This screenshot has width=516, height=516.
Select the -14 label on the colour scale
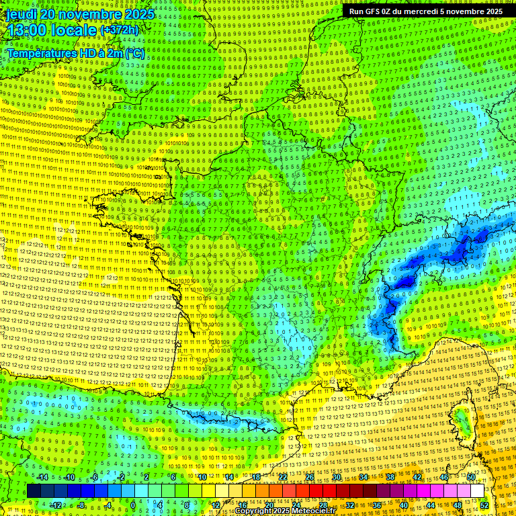point(42,477)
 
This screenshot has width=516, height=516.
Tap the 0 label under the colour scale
point(133,505)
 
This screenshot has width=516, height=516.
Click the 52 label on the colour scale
point(484,505)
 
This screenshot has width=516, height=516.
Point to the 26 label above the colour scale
point(310,477)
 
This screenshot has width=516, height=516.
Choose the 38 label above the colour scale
point(390,477)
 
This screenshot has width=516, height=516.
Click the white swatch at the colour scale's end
point(477,491)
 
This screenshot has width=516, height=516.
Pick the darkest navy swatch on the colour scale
point(34,491)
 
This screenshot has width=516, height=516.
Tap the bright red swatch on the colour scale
point(316,491)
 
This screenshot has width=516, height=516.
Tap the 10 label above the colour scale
point(202,477)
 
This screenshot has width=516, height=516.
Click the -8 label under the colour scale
point(81,505)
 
